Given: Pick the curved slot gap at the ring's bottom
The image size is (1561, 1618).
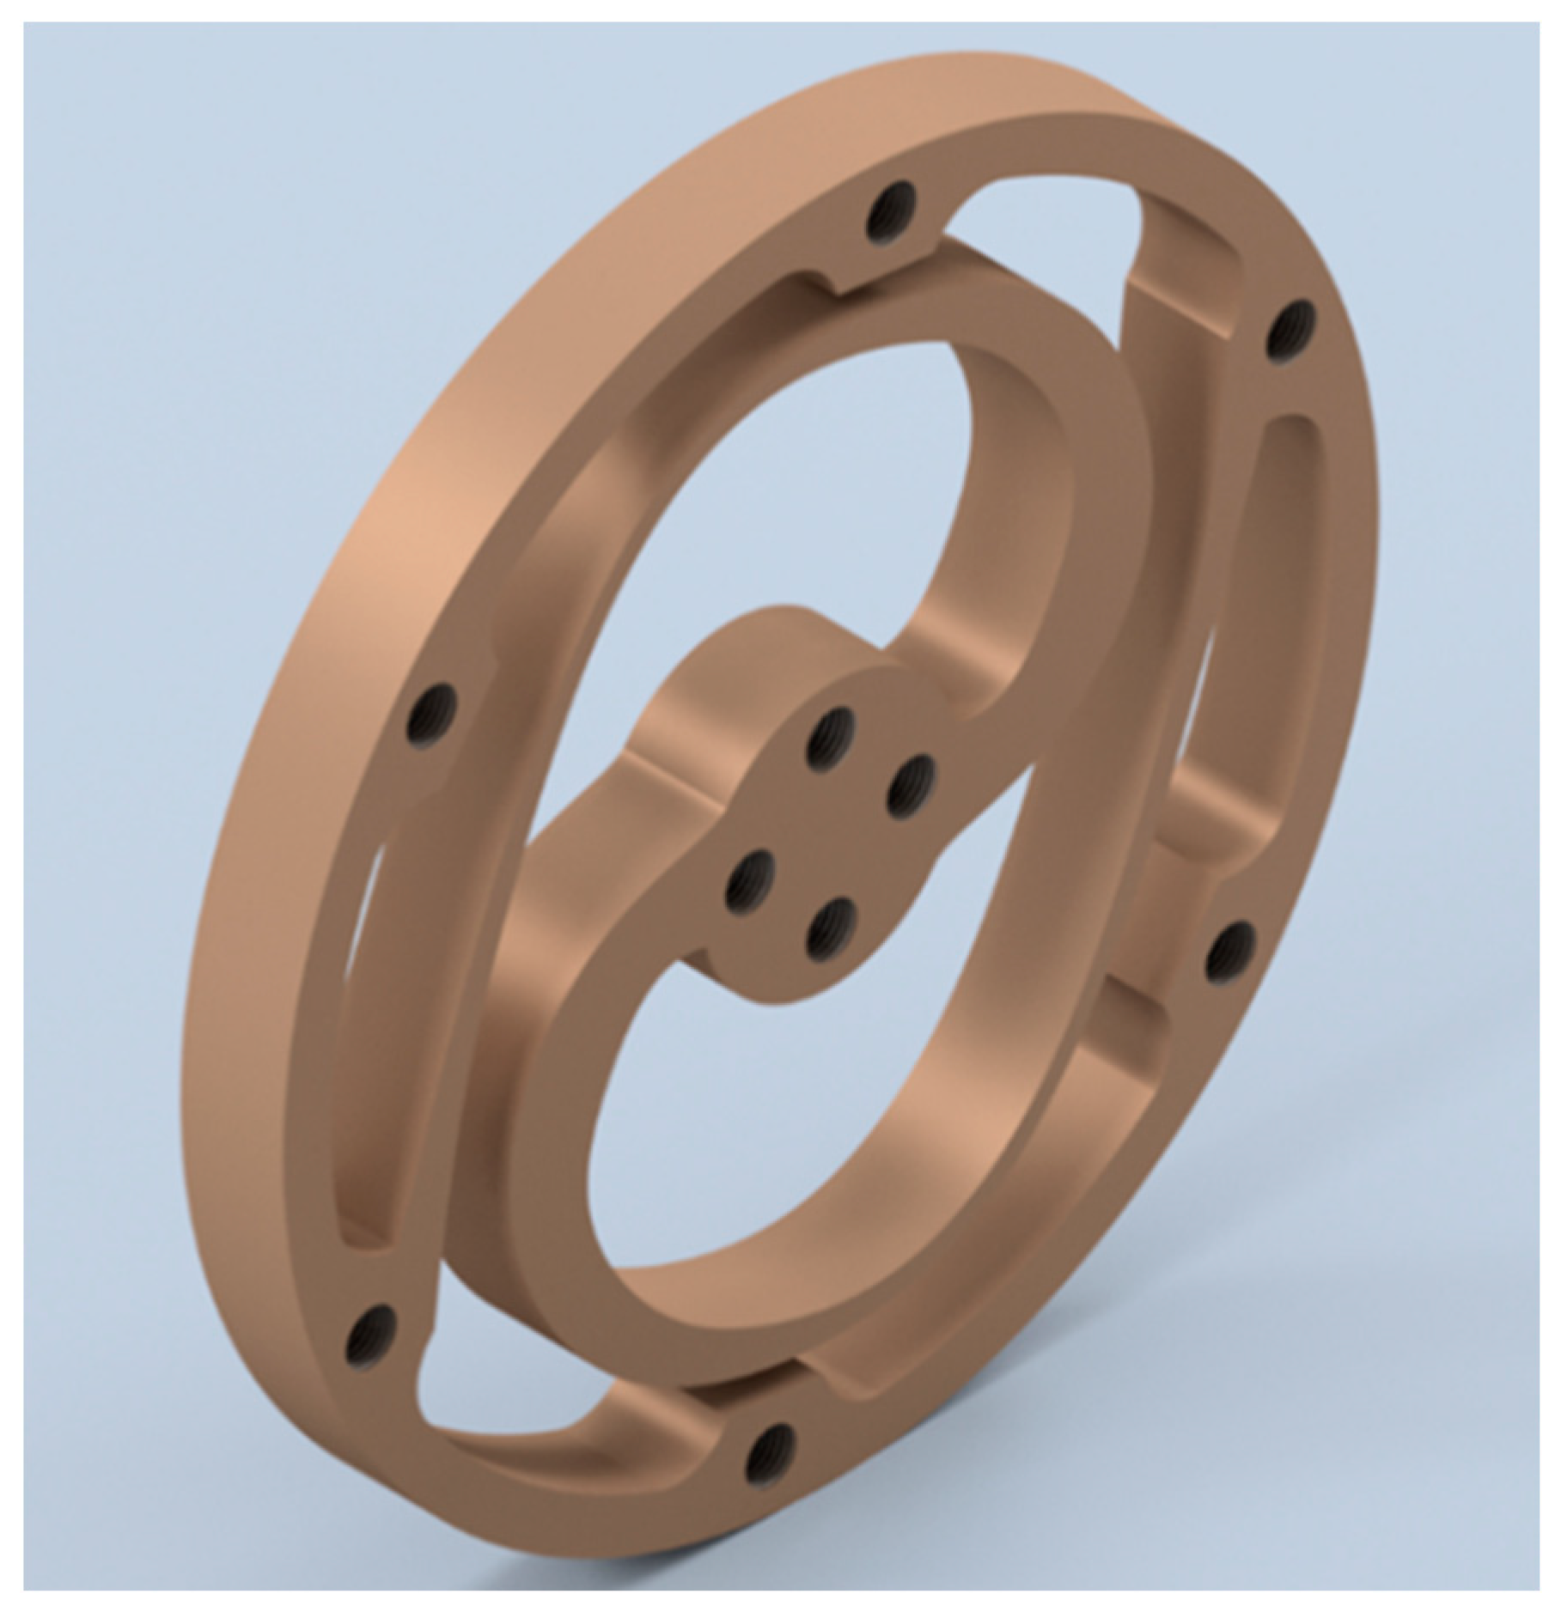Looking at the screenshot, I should click(x=515, y=1408).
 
